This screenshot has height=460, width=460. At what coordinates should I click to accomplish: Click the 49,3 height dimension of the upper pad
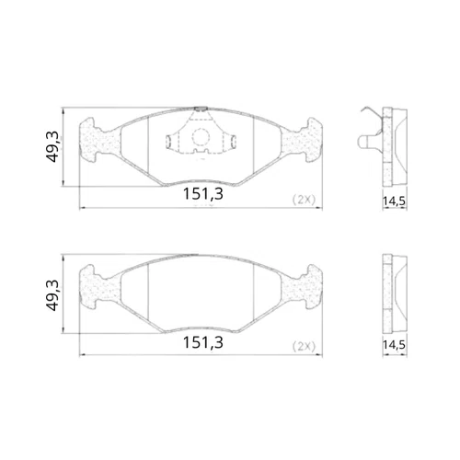tap(52, 146)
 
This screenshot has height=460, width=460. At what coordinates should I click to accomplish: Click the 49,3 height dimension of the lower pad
tap(52, 295)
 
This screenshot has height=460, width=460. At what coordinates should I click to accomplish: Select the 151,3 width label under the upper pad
tap(203, 194)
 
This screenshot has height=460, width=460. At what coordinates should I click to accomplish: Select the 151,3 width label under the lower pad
tap(203, 342)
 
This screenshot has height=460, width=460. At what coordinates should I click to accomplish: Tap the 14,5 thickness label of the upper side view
tap(394, 201)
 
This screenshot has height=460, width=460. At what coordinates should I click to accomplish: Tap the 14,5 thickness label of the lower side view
tap(394, 345)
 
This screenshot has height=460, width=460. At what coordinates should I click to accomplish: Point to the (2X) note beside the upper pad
tap(304, 200)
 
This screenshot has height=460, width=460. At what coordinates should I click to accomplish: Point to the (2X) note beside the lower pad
tap(304, 347)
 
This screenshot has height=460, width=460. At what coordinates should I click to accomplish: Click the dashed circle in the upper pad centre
tap(201, 137)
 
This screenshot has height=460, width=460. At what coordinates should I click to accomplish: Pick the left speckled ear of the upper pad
tap(98, 140)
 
